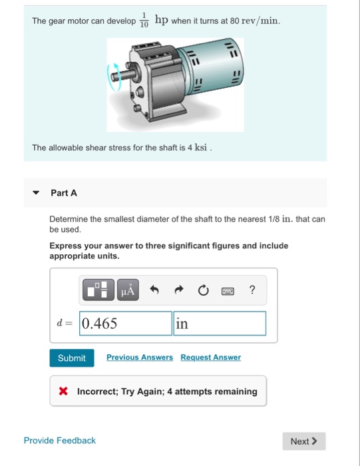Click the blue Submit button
point(72,358)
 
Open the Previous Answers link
point(140,357)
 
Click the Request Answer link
point(210,357)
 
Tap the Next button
point(304,441)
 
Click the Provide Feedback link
point(60,441)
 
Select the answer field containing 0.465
point(126,324)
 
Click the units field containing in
point(220,324)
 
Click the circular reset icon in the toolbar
point(203,290)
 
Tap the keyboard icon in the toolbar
point(228,291)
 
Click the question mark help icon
point(252,290)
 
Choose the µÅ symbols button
point(128,290)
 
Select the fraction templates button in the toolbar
point(98,290)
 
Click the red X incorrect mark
point(63,391)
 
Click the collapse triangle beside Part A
point(36,192)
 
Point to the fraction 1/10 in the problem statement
point(144,20)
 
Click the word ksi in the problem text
point(201,147)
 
